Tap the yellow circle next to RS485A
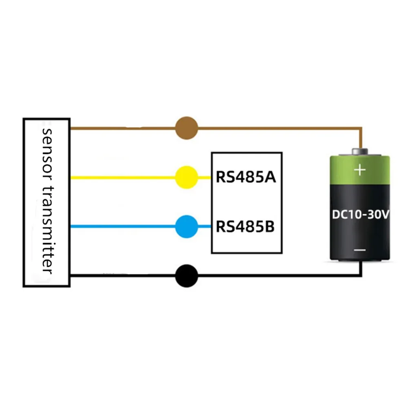coord(186,177)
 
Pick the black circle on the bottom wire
coord(186,277)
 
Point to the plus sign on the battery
coord(359,169)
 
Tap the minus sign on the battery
coord(359,250)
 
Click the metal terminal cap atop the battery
coord(359,152)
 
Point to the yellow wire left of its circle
coord(122,177)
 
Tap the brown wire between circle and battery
coord(277,128)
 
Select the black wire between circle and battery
coord(277,277)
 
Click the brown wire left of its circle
coord(122,128)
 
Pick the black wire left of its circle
coord(122,277)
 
